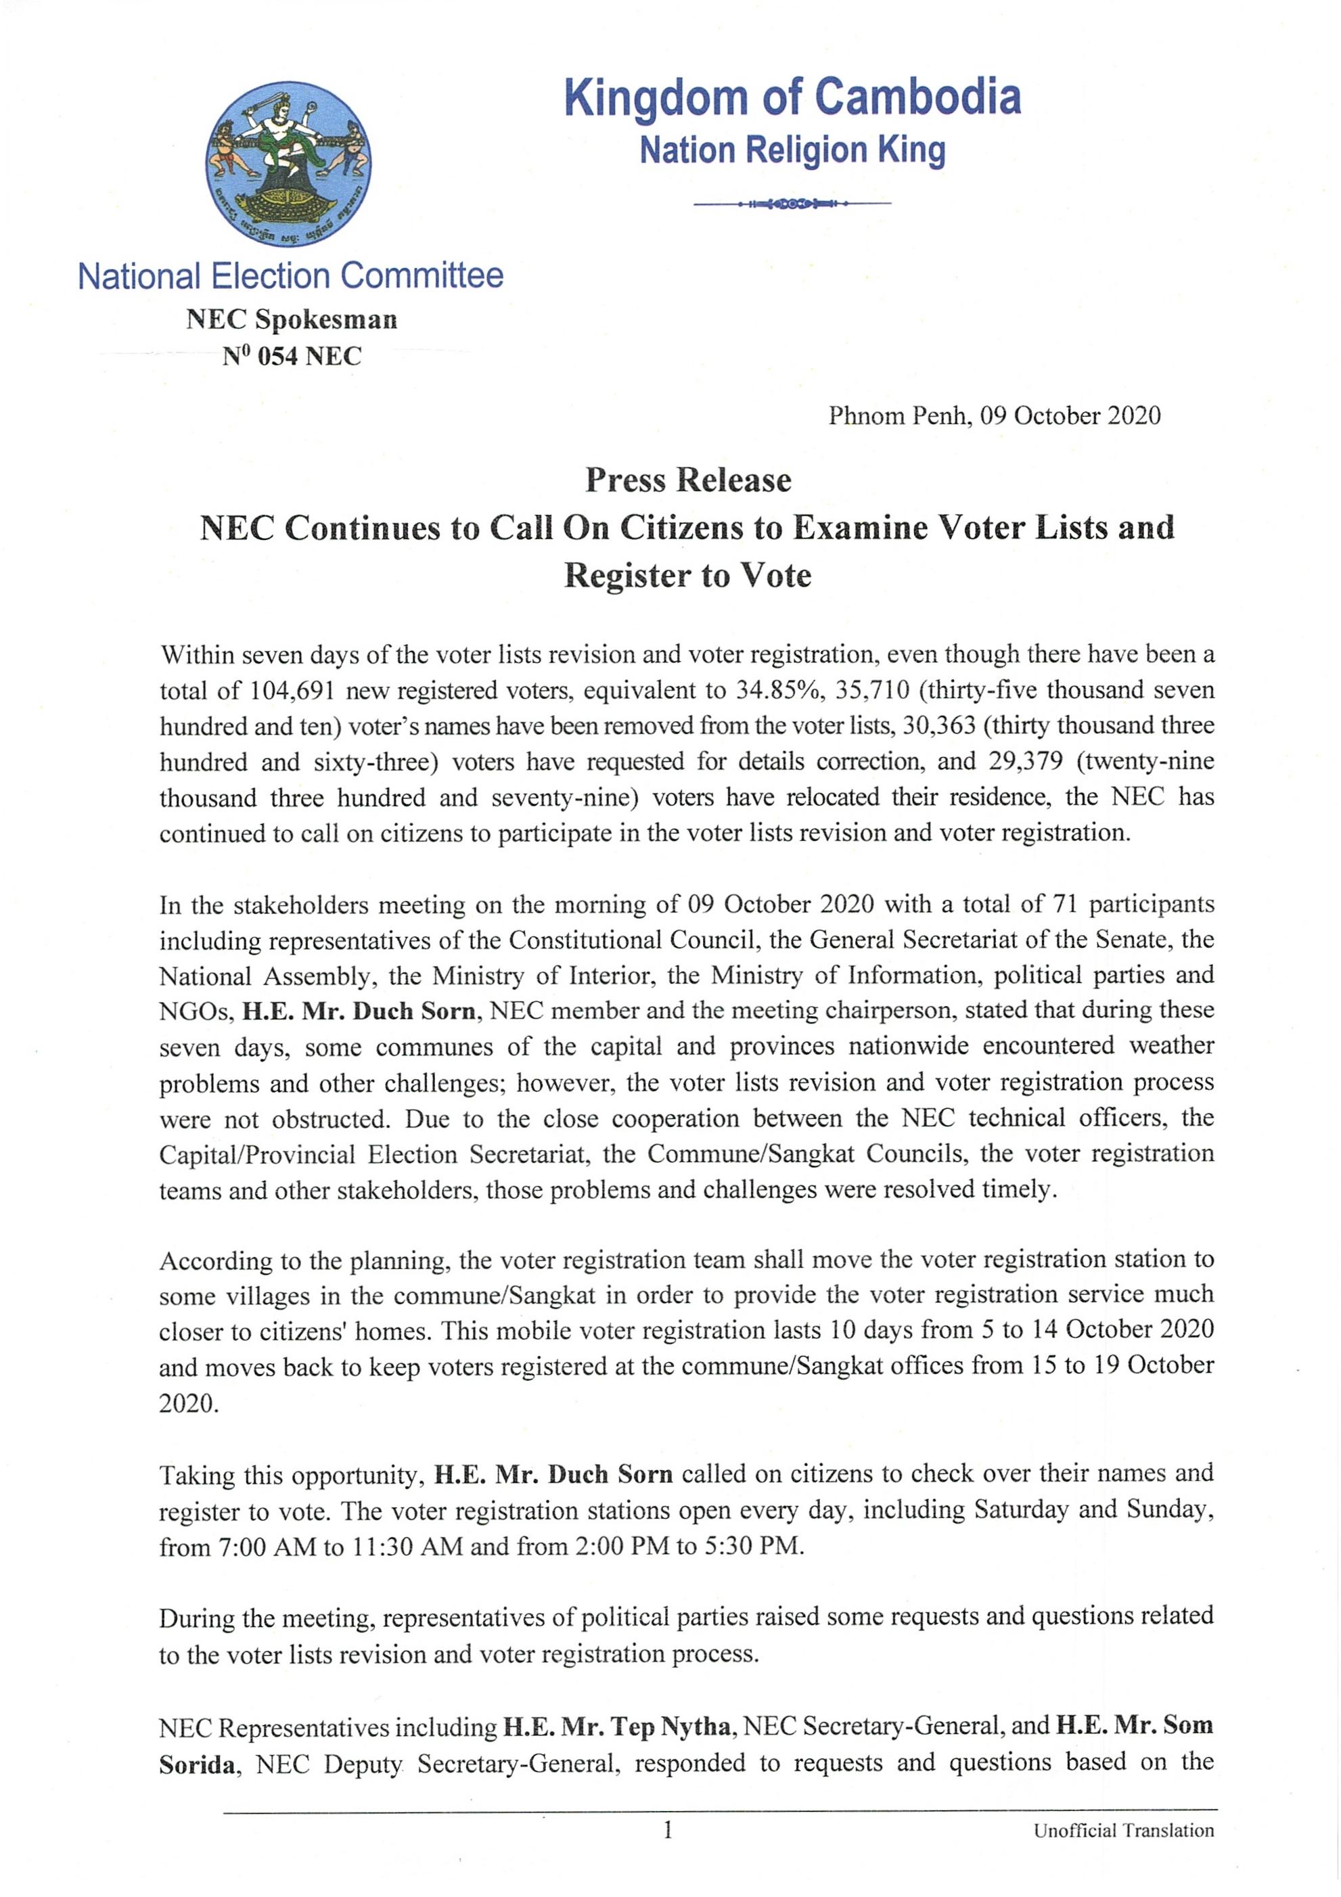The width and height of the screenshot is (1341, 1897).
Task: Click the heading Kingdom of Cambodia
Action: pos(792,97)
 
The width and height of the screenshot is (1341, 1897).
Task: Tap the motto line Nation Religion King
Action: pos(792,150)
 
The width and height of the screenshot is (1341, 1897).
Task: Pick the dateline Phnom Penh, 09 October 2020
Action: pos(994,415)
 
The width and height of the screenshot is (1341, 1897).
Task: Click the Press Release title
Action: pos(687,480)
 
